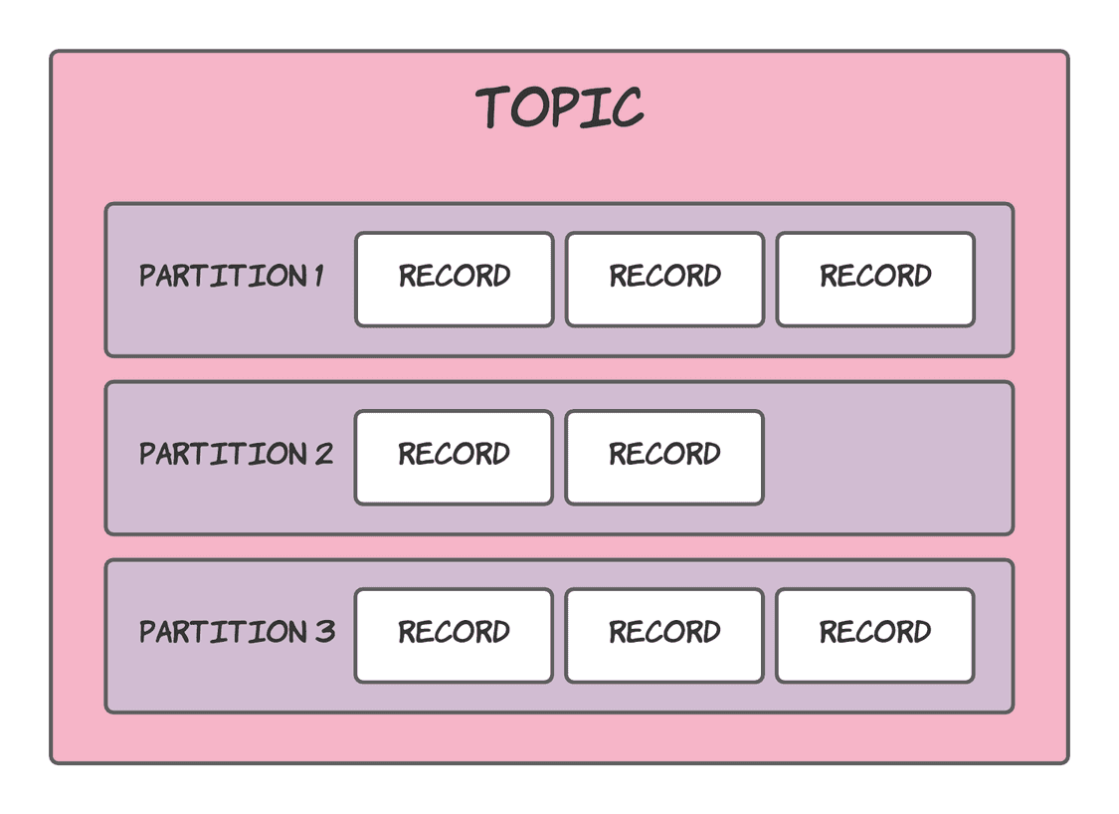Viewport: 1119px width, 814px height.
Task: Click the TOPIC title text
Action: pos(559,106)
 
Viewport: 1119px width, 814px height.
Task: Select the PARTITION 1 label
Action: pos(231,276)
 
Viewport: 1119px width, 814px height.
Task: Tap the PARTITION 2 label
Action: pos(236,454)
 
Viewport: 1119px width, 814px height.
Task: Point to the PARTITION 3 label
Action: pos(237,632)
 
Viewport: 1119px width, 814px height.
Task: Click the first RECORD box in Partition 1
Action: pos(455,280)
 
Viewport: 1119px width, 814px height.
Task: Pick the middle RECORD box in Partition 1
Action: pos(664,280)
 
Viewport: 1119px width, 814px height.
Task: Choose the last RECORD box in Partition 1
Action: pos(875,280)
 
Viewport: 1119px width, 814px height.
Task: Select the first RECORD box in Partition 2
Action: pos(454,458)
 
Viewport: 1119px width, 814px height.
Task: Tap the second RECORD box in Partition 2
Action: pos(664,458)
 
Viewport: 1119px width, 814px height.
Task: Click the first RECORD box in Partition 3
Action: pos(454,636)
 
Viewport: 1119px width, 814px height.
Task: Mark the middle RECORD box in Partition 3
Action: pos(664,636)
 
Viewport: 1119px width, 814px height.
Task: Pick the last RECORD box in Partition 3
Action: pos(874,636)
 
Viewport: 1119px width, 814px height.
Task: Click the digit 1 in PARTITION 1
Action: pos(319,276)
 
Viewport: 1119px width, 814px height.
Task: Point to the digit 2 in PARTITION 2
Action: pos(323,454)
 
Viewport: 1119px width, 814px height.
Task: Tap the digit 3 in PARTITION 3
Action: pos(325,632)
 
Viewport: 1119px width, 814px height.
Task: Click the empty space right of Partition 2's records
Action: pos(885,458)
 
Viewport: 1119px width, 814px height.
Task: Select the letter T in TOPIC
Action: pos(495,106)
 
